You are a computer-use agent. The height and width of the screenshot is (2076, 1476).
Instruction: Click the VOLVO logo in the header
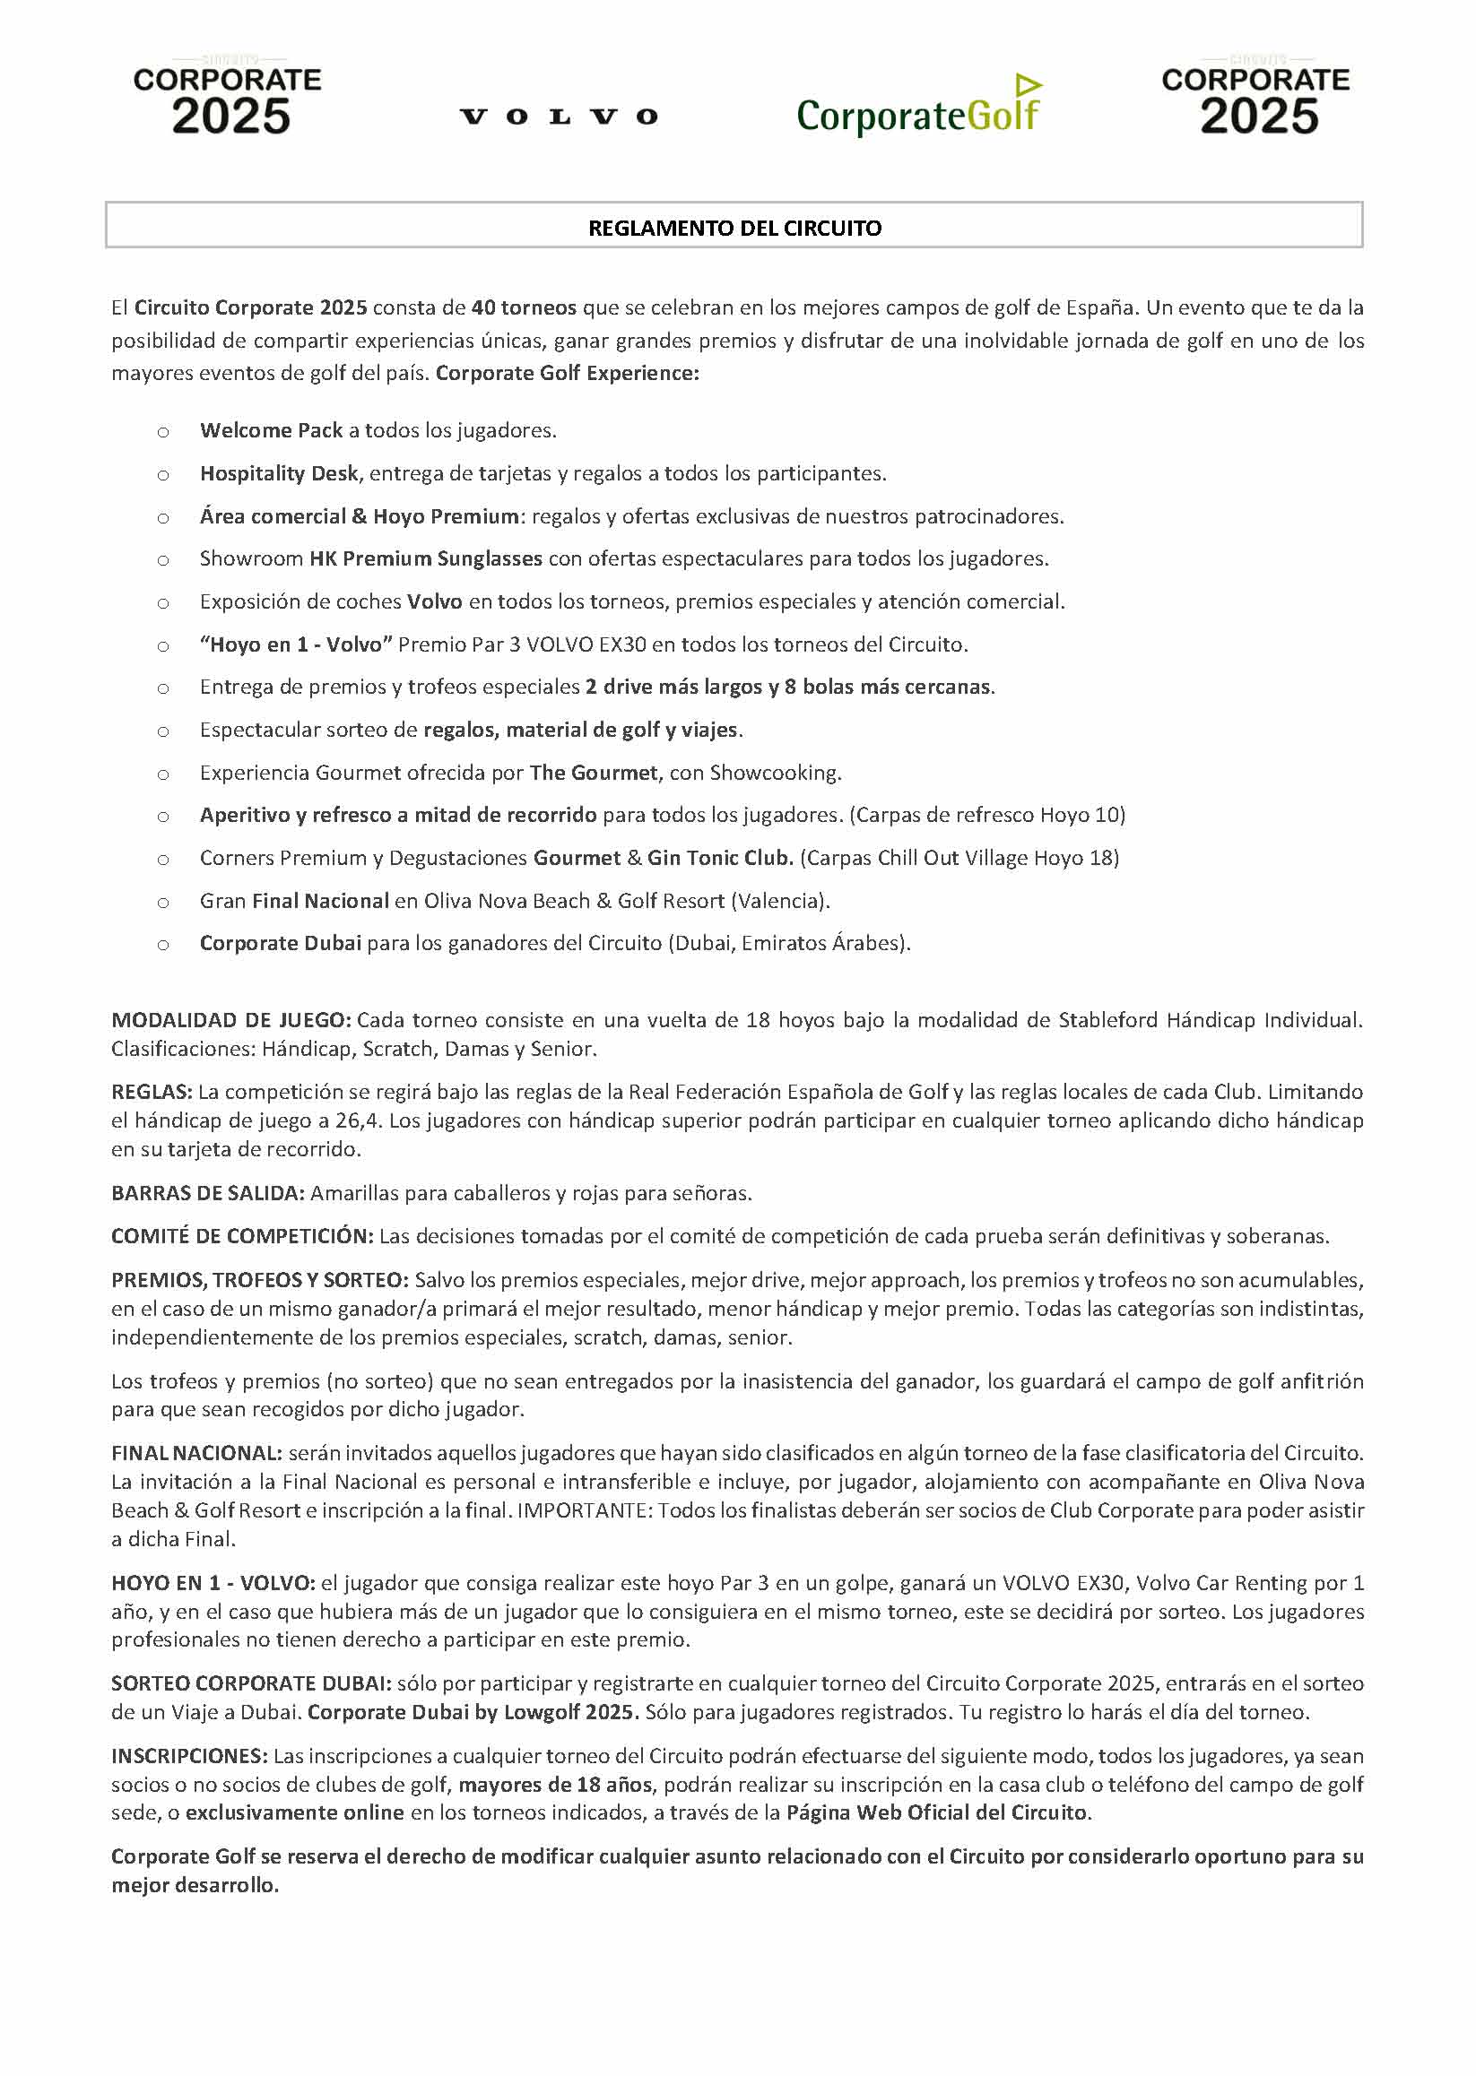(558, 117)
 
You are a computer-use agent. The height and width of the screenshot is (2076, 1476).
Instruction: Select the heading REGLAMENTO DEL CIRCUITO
(734, 228)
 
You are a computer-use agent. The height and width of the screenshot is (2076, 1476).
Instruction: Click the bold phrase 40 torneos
(524, 307)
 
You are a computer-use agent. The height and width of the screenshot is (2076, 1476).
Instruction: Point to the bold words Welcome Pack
(271, 430)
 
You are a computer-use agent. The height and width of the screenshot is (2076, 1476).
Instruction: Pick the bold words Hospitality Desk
(279, 473)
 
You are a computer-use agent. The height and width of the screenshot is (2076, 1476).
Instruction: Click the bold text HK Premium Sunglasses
(425, 558)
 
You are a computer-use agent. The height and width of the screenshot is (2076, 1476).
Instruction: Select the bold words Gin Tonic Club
(720, 859)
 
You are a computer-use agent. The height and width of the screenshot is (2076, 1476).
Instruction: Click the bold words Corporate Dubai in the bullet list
(280, 944)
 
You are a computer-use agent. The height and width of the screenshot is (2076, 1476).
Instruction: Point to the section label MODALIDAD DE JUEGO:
(230, 1020)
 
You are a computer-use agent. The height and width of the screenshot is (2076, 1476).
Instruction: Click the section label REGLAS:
(152, 1092)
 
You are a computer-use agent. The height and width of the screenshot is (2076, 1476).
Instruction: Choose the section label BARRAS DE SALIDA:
(208, 1194)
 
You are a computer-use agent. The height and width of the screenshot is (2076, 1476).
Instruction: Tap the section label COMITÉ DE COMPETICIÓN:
(242, 1236)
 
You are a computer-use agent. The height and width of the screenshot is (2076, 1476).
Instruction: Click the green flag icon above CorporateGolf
(1027, 85)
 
